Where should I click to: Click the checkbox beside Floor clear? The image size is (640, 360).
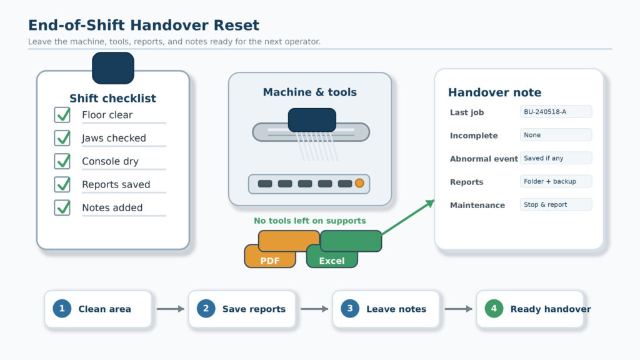point(62,115)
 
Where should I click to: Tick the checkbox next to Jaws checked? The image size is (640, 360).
point(62,138)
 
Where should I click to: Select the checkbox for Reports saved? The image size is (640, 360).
point(62,184)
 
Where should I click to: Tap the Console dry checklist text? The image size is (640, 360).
point(110,161)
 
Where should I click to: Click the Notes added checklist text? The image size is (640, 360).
point(112,207)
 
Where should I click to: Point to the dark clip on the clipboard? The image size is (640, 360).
point(113,67)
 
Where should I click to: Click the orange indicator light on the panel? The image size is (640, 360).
point(359,183)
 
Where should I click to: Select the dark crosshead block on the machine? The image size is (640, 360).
point(312,120)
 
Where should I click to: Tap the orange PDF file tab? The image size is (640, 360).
point(270,256)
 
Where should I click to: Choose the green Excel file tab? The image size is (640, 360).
point(332,256)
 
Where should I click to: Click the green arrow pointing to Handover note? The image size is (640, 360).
point(408,217)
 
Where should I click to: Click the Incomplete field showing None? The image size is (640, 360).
point(556,135)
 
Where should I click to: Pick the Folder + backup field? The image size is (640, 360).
point(556,181)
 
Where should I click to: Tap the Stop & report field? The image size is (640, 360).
point(556,204)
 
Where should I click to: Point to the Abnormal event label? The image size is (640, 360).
point(484,159)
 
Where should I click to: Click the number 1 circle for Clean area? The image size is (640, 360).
point(62,309)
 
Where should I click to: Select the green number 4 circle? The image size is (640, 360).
point(494,309)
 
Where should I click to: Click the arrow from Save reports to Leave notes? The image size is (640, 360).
point(314,309)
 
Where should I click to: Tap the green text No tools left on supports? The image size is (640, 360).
point(310,221)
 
